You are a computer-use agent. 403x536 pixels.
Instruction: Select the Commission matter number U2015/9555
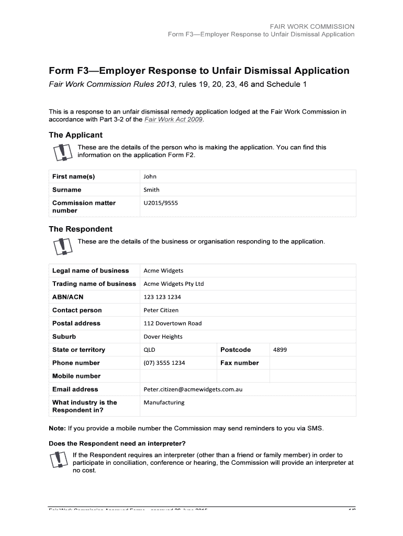point(161,203)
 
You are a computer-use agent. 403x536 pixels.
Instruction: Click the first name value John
point(150,176)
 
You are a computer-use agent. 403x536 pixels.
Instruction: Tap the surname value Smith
point(151,189)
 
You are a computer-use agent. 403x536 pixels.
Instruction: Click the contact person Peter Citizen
point(161,310)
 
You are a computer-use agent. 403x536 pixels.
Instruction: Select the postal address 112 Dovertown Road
point(172,323)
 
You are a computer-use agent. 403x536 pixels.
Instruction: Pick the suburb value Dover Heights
point(163,337)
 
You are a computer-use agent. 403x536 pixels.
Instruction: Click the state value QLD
point(149,350)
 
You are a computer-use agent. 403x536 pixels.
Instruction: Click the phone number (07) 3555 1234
point(164,363)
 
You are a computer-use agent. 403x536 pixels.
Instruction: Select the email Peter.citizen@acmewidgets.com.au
point(193,389)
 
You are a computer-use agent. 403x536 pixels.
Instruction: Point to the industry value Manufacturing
point(164,403)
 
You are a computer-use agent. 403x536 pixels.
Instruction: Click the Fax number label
point(239,363)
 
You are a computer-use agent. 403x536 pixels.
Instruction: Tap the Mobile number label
point(76,376)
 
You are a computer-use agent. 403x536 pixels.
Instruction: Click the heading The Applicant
point(75,135)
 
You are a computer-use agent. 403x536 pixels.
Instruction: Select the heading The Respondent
point(80,229)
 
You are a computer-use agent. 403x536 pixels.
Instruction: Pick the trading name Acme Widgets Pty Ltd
point(173,284)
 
